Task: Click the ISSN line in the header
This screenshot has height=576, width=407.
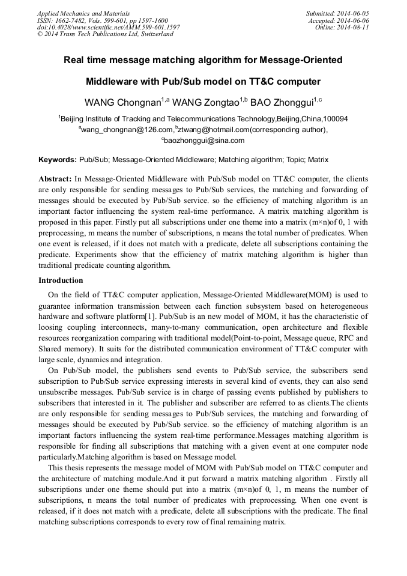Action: pyautogui.click(x=102, y=20)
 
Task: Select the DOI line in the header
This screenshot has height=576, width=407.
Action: pyautogui.click(x=108, y=28)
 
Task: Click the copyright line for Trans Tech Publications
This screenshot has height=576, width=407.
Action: pyautogui.click(x=105, y=34)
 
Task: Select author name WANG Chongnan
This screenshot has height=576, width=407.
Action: pyautogui.click(x=121, y=101)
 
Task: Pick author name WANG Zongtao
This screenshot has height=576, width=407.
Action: pyautogui.click(x=205, y=101)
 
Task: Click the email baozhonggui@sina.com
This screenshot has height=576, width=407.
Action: pyautogui.click(x=204, y=141)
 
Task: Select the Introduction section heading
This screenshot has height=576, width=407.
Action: pyautogui.click(x=61, y=280)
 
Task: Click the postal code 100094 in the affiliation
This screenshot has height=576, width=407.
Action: pyautogui.click(x=334, y=119)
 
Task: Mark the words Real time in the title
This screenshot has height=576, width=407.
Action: pyautogui.click(x=84, y=60)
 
